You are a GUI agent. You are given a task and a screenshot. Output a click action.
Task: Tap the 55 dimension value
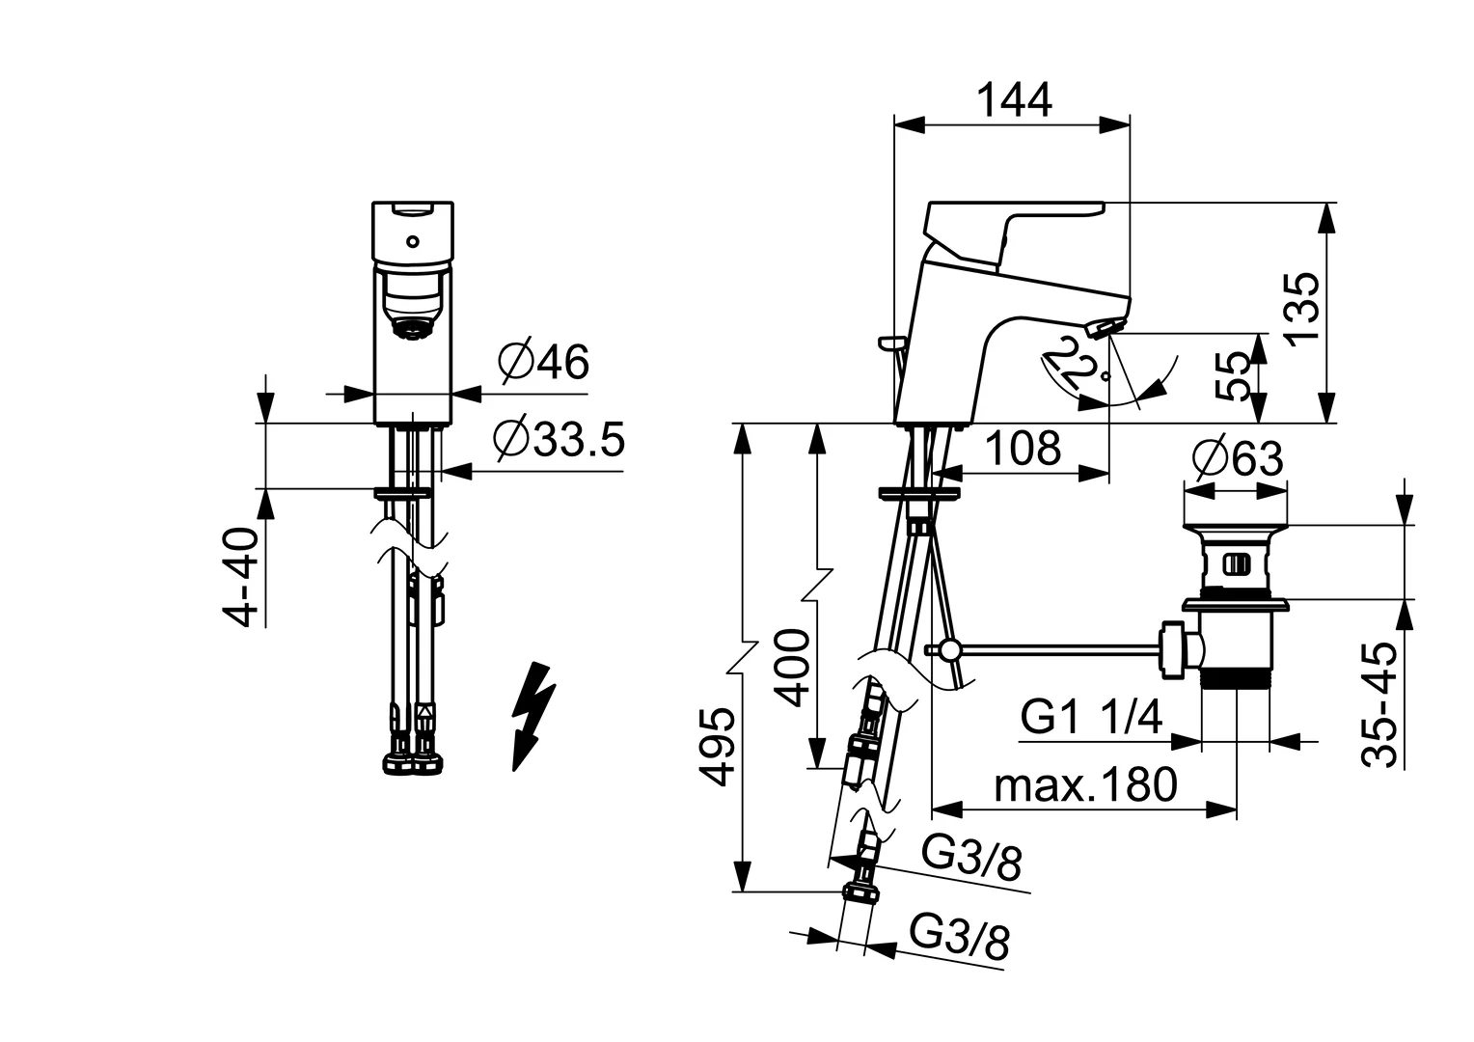[1235, 376]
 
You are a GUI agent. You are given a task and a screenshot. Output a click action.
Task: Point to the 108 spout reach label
[1023, 449]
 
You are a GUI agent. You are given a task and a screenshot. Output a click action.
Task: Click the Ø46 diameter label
[543, 363]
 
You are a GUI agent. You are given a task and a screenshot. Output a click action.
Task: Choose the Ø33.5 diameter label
[559, 440]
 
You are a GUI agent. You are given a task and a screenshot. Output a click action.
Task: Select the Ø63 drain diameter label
[1237, 459]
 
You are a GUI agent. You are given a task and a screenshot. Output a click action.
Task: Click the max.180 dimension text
[1085, 785]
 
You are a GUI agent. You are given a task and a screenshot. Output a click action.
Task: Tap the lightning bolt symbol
[533, 715]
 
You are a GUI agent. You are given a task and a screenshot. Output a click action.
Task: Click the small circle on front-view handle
[412, 241]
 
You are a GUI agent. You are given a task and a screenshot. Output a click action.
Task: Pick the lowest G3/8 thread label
[961, 938]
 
